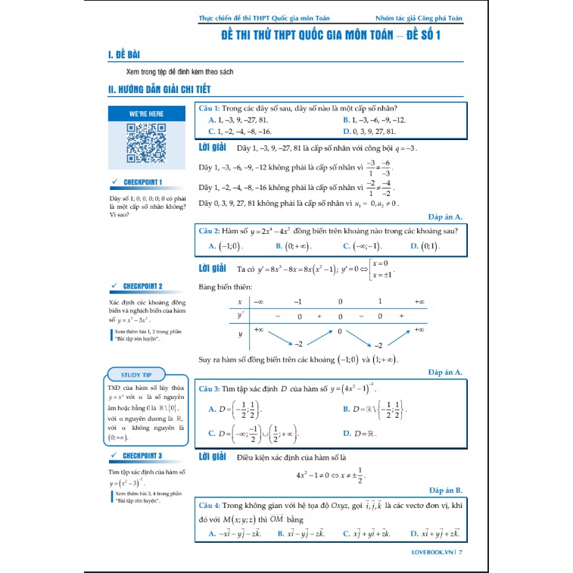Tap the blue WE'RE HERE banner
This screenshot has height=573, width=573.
click(x=146, y=114)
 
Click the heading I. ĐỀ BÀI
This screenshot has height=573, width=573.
click(x=125, y=55)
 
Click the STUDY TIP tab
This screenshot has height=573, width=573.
click(x=146, y=375)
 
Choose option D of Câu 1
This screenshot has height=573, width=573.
click(x=376, y=131)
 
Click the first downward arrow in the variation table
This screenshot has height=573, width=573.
click(x=277, y=337)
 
